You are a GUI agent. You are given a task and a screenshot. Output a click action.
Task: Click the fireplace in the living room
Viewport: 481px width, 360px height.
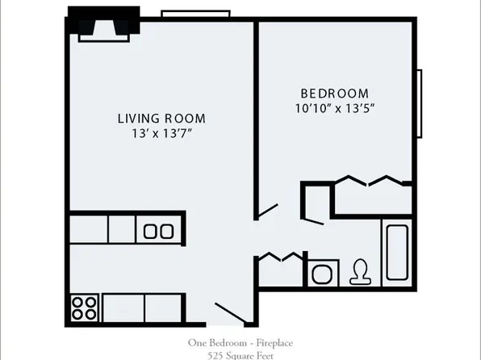click(103, 24)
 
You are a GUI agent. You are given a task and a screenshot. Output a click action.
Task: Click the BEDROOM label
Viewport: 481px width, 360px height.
click(334, 94)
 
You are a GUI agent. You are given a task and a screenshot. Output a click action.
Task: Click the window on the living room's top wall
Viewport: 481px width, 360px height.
click(188, 12)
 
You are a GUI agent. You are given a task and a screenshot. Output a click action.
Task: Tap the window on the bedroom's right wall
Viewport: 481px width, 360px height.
click(420, 104)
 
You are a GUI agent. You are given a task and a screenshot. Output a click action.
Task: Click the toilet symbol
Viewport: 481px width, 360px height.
click(359, 272)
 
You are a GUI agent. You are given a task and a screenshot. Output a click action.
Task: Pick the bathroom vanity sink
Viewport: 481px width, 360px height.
click(324, 272)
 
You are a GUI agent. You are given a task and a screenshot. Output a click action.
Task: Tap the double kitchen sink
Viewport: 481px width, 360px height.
click(158, 230)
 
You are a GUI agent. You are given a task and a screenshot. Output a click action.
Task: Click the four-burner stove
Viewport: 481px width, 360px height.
click(84, 308)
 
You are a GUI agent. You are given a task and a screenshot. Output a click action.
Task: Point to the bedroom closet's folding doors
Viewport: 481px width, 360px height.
click(367, 182)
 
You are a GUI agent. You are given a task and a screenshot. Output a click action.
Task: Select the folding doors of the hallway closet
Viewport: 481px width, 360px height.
click(280, 257)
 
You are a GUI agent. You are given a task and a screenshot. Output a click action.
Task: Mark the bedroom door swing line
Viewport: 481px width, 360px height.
click(267, 211)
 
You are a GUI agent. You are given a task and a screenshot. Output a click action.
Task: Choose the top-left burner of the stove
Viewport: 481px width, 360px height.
click(78, 302)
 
